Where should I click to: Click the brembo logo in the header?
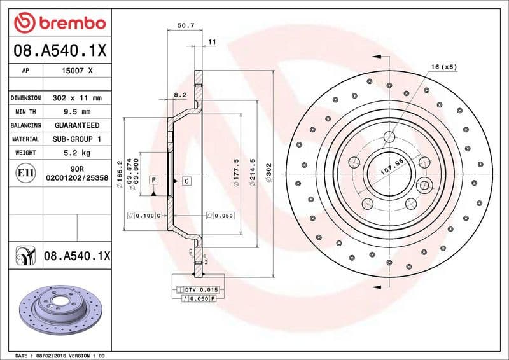click(x=60, y=24)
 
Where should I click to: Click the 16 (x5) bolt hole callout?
click(x=443, y=67)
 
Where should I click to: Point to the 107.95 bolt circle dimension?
click(x=393, y=169)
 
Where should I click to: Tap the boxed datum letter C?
click(x=187, y=181)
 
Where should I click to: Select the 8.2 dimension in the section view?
click(x=180, y=95)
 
